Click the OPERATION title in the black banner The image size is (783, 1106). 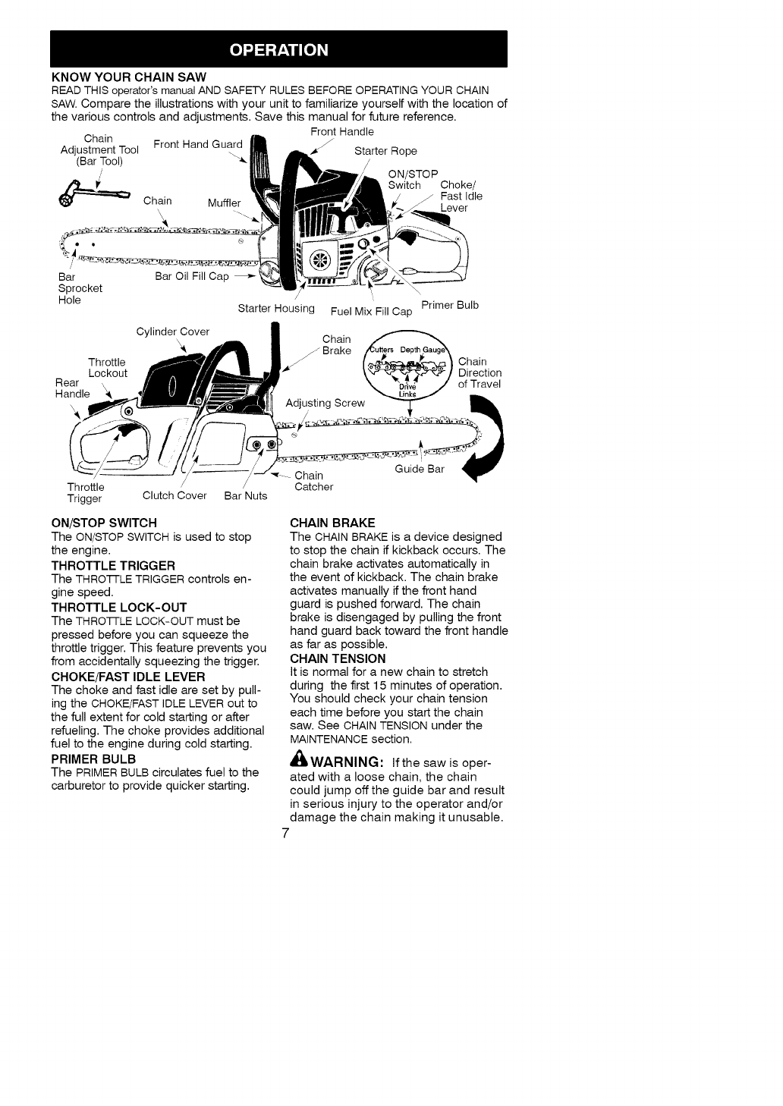click(279, 50)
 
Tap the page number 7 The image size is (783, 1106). click(285, 834)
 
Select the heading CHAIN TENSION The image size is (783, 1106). click(338, 658)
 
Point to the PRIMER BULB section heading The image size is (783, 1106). click(93, 759)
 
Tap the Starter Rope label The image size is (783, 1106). click(385, 151)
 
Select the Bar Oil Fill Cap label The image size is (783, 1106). click(192, 276)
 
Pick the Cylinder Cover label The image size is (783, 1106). click(172, 331)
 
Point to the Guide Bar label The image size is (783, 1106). click(420, 470)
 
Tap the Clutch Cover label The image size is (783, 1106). click(175, 496)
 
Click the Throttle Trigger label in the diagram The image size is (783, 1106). click(86, 493)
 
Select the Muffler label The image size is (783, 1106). click(224, 203)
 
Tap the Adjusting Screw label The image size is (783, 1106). click(325, 403)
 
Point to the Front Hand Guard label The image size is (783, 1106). click(198, 144)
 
